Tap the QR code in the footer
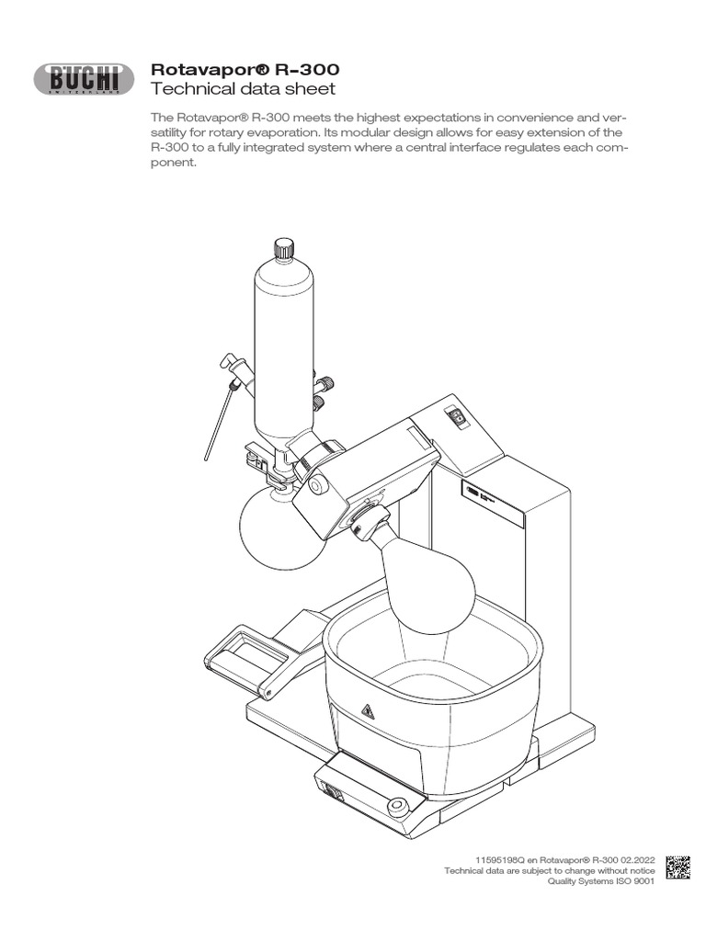click(677, 867)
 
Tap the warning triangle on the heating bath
click(368, 711)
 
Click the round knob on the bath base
click(398, 807)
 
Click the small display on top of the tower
click(456, 416)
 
